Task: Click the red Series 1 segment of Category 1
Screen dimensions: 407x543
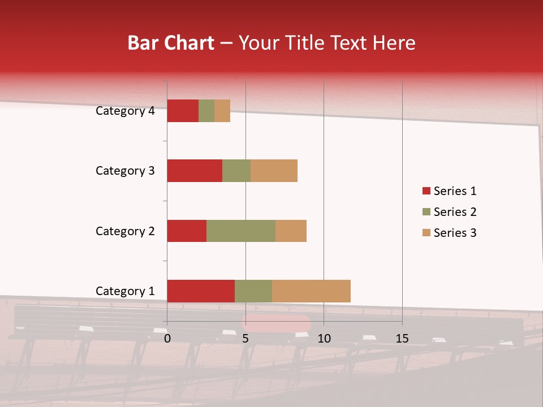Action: point(201,291)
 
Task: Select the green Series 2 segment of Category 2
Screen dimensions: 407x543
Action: point(241,231)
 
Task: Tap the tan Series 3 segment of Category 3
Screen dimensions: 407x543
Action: point(274,171)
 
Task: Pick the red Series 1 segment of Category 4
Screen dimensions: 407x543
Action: point(183,111)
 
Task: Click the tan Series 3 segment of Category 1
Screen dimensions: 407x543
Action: point(311,291)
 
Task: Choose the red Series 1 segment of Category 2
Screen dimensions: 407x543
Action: point(187,231)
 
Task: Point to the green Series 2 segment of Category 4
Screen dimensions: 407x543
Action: point(206,111)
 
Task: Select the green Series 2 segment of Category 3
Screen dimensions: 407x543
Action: point(236,171)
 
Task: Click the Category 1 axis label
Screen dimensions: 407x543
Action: point(125,291)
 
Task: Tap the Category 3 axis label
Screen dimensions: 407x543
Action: point(125,171)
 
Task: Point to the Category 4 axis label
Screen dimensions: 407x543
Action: point(125,111)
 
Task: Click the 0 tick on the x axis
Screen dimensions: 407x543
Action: point(167,339)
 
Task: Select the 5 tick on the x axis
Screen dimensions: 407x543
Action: point(245,339)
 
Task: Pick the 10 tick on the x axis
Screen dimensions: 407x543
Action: point(324,339)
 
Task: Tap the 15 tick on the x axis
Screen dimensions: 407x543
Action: point(402,339)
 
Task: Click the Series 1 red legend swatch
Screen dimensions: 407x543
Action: point(426,191)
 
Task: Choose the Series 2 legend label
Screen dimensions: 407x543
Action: point(455,212)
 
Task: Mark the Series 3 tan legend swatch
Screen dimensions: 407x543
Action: point(426,233)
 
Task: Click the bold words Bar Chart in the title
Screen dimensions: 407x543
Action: point(171,43)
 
